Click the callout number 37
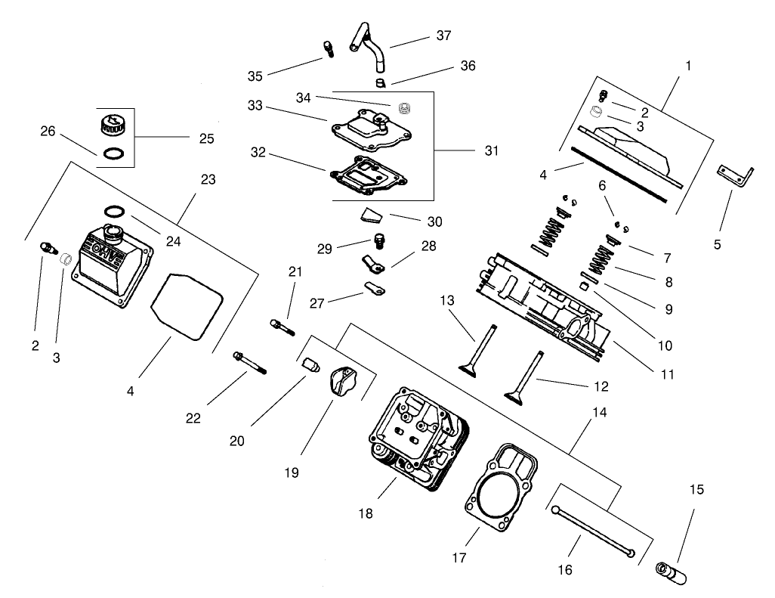[443, 36]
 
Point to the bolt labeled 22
[250, 362]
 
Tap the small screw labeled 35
[329, 49]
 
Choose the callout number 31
[492, 150]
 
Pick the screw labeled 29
[380, 243]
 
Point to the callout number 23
[208, 179]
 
